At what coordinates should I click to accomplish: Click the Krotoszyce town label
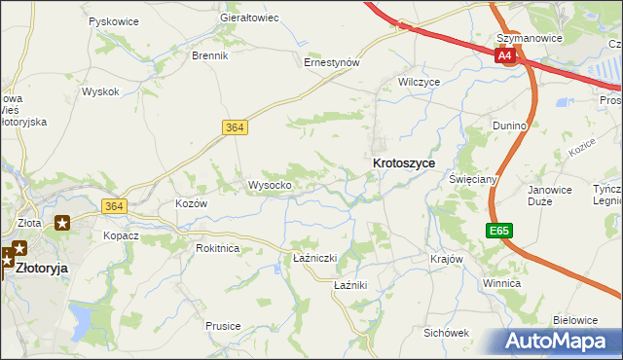point(403,164)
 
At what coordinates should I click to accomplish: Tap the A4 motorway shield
point(504,56)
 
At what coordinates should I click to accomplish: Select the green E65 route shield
point(499,231)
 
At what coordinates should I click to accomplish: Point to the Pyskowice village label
point(112,20)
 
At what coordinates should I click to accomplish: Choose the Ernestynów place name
point(332,61)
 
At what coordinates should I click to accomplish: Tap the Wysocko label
point(270,185)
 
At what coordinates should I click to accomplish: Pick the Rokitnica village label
point(217,248)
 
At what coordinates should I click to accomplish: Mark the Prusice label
point(223,326)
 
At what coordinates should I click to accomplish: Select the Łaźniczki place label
point(314,258)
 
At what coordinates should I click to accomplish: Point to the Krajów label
point(445,260)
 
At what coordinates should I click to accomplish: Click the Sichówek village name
point(446,333)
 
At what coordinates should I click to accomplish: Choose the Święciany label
point(474,180)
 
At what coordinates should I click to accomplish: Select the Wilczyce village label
point(420,82)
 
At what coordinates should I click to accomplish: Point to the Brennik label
point(209,55)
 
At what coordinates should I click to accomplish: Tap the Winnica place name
point(501,283)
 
